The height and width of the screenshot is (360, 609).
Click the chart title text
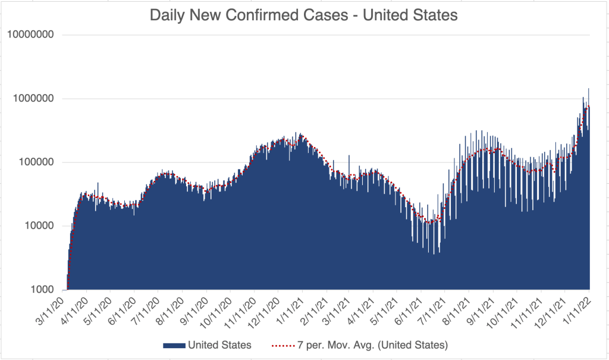point(303,15)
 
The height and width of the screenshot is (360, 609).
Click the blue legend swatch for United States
point(174,345)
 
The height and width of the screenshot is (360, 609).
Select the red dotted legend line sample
point(284,345)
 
